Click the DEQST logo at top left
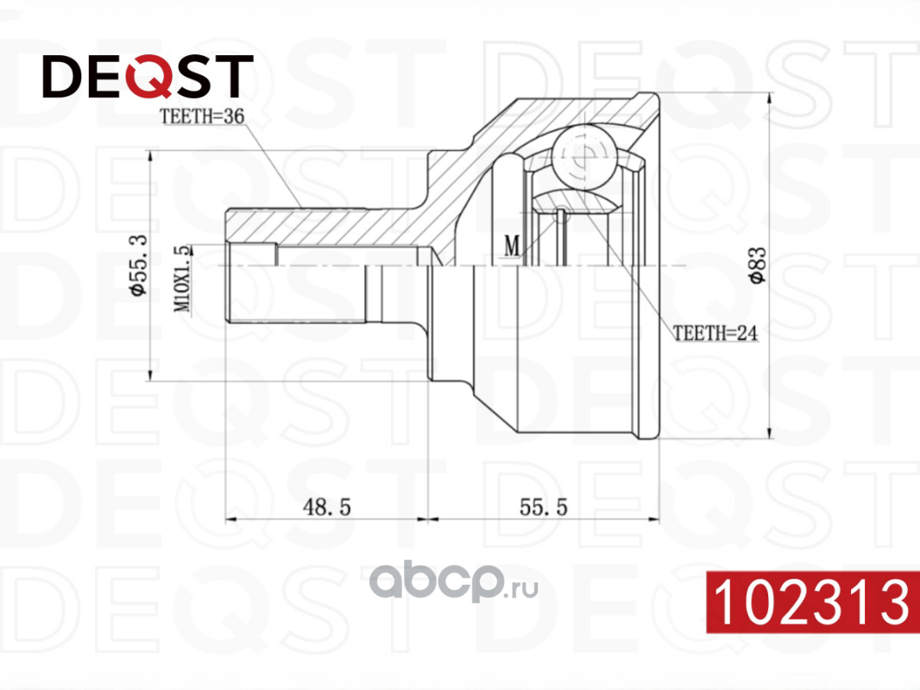click(x=148, y=77)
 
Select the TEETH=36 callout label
click(x=198, y=119)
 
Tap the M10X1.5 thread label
click(x=182, y=278)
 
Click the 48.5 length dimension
click(x=325, y=508)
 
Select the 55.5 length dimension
click(x=544, y=508)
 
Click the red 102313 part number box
click(x=810, y=601)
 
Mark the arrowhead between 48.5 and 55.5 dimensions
click(x=428, y=520)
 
